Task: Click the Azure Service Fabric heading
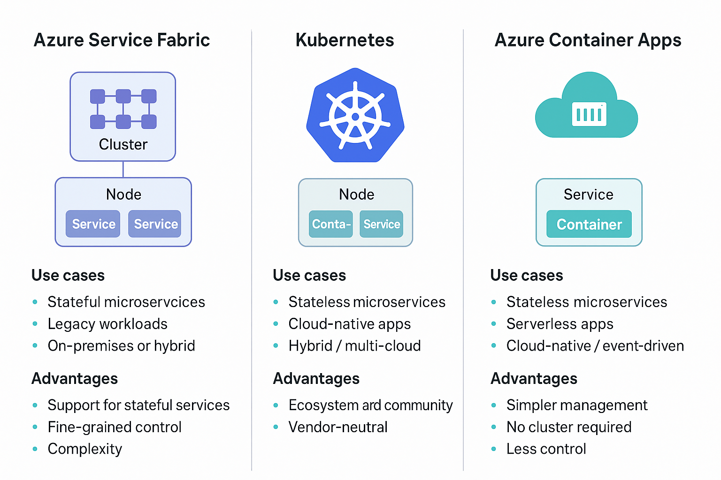coord(122,40)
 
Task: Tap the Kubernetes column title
coord(345,40)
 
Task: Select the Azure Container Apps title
coord(588,40)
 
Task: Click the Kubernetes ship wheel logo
coord(355,116)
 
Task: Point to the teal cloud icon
coord(586,108)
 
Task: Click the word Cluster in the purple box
coord(123,144)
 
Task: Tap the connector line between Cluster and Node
coord(123,169)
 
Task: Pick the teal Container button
coord(589,225)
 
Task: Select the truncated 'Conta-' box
coord(331,224)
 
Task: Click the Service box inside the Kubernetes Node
coord(381,224)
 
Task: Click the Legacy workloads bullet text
coord(107,324)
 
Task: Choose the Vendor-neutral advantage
coord(338,427)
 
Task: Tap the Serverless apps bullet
coord(560,324)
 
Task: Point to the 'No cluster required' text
coord(569,427)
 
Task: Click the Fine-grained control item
coord(115,427)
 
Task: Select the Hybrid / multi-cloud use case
coord(354,346)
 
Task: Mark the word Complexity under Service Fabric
coord(85,449)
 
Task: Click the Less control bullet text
coord(546,449)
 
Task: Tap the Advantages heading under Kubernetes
coord(316,379)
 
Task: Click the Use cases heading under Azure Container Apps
coord(527,276)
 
